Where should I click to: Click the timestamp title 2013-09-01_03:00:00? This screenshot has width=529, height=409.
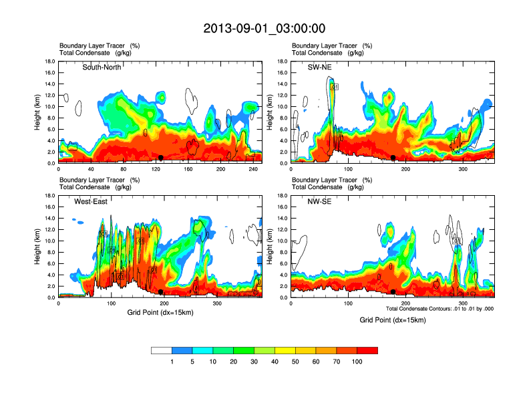[x=264, y=29]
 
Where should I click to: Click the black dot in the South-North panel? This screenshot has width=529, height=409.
[x=161, y=158]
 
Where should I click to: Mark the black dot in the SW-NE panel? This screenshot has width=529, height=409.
[x=393, y=158]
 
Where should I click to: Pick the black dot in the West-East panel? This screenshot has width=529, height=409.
[x=161, y=292]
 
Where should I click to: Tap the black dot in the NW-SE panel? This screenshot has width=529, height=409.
[x=393, y=292]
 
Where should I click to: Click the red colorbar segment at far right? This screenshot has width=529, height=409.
[x=367, y=350]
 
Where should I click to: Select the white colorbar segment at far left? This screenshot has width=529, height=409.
[x=162, y=350]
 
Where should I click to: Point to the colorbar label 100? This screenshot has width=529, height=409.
[x=357, y=362]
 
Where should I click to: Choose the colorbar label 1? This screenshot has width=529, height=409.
[x=172, y=362]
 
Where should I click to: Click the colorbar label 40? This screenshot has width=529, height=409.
[x=275, y=362]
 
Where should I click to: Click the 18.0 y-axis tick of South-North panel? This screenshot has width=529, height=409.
[x=49, y=61]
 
